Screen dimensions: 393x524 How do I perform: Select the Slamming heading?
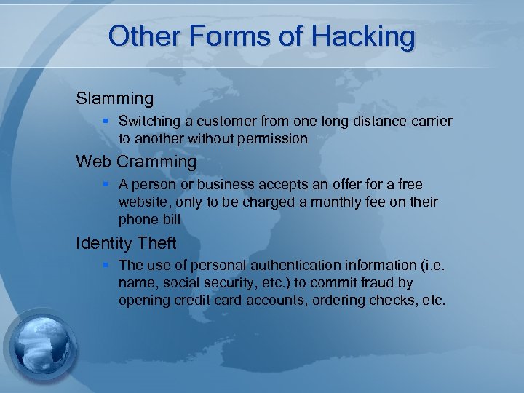tap(115, 98)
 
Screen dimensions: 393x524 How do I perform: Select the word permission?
tap(273, 138)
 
